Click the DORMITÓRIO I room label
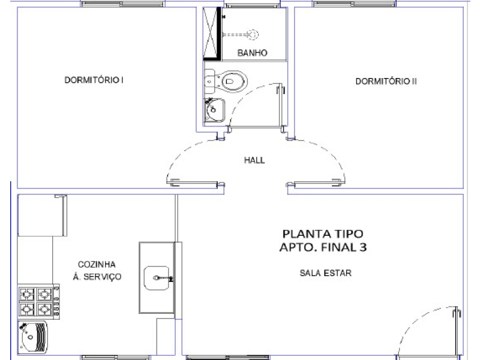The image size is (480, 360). coord(94,80)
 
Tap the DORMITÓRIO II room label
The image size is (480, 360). coord(386,81)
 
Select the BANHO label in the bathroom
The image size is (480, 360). coord(252,53)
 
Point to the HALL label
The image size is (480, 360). coord(254,160)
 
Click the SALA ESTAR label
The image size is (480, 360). coord(325,273)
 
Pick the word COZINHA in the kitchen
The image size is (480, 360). coord(97,264)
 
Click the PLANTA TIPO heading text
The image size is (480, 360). coord(323,234)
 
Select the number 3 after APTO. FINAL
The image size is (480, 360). coord(363,247)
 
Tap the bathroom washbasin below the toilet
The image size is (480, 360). coord(214,110)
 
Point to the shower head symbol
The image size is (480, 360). coord(253,34)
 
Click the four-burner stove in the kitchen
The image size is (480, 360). coord(39,301)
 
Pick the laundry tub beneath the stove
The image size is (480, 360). coord(33,337)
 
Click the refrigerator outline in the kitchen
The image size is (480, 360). coord(42,215)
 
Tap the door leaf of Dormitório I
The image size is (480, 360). coord(196,184)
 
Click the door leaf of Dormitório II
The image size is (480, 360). coord(316,184)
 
